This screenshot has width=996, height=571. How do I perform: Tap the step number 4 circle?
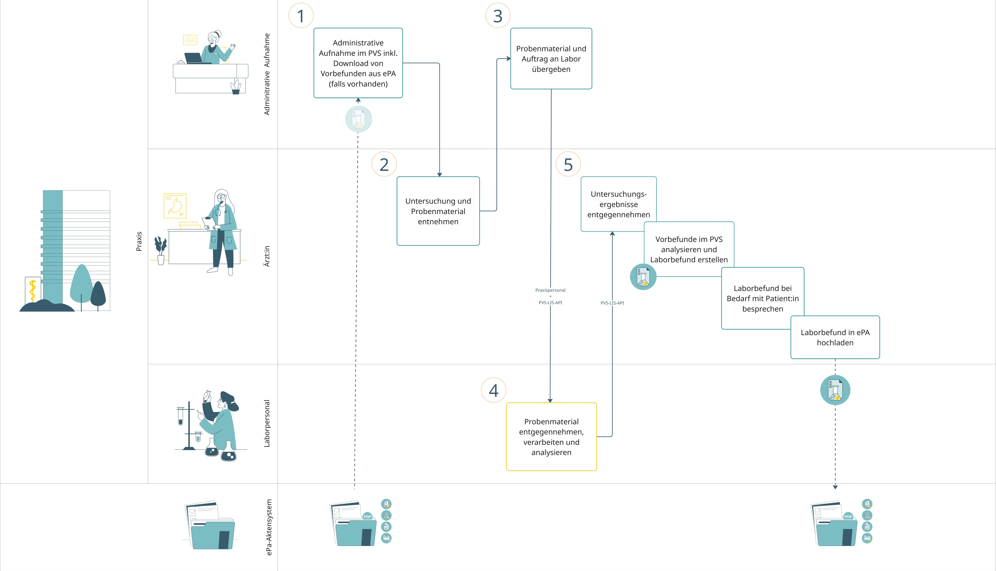[494, 390]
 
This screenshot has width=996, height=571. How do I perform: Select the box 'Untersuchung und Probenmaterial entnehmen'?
[438, 211]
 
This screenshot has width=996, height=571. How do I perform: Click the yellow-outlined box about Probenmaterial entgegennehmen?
[551, 437]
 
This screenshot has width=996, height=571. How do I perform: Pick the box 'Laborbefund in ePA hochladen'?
[835, 337]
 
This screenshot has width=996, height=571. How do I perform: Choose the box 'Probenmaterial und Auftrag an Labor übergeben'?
[551, 58]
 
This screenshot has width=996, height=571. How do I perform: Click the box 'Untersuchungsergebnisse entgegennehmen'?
[618, 204]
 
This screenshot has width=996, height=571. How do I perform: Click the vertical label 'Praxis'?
[139, 241]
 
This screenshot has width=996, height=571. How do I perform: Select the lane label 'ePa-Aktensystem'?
[269, 527]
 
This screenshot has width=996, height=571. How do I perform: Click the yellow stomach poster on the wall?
[175, 206]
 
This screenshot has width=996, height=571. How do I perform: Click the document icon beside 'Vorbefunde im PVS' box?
[643, 277]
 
